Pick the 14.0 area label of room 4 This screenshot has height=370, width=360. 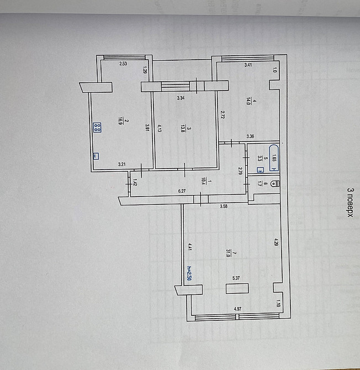click(x=249, y=101)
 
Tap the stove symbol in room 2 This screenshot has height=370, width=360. click(x=97, y=128)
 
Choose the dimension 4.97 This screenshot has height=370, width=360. click(x=237, y=309)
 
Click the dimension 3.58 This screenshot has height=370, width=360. click(x=224, y=206)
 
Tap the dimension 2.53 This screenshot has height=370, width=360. click(x=124, y=65)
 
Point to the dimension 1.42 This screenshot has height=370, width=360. click(x=135, y=182)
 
